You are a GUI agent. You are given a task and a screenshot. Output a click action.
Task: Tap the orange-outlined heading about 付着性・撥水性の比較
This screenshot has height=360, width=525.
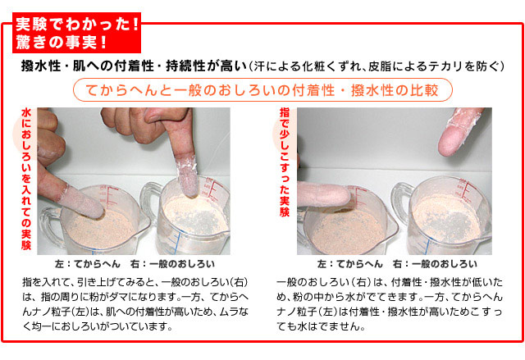(262, 90)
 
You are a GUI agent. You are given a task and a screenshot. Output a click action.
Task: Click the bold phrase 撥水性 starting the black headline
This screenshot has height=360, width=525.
(40, 66)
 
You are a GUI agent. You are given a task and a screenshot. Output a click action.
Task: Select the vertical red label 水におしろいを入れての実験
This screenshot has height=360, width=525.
(26, 179)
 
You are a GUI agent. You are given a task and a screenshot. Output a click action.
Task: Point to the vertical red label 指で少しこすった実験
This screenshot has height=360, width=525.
(285, 162)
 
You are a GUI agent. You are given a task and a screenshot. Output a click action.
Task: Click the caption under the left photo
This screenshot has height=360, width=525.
(135, 264)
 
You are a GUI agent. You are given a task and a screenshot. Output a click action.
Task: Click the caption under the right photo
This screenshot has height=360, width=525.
(397, 264)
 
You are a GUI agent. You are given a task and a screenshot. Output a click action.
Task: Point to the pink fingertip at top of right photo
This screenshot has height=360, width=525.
(457, 134)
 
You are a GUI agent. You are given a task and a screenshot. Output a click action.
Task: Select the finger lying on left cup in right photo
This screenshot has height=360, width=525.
(323, 194)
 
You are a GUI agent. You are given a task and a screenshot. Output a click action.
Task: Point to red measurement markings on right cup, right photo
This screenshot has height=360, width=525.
(463, 191)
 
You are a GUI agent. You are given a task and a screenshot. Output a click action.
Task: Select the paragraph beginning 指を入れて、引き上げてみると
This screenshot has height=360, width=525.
(135, 303)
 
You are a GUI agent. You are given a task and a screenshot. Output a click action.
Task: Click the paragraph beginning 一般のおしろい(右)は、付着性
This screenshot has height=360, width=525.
(390, 303)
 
